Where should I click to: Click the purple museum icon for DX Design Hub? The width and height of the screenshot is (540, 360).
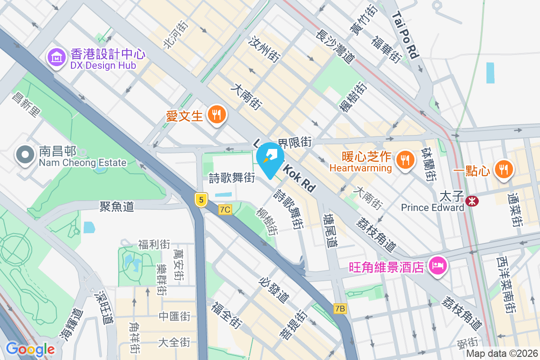(57, 58)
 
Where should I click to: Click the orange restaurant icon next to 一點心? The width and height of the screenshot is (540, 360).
(502, 169)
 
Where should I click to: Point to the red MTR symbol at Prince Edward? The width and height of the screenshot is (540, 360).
(472, 201)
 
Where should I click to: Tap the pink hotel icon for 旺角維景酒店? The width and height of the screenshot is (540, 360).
(438, 266)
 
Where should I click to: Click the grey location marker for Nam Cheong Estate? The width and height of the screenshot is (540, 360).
(25, 155)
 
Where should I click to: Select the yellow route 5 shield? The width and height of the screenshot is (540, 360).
(201, 199)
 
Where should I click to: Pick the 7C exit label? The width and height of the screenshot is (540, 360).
(225, 210)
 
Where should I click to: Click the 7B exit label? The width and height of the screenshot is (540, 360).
(341, 309)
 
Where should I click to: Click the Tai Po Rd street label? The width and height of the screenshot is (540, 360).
(405, 35)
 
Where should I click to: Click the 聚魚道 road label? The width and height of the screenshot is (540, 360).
(117, 207)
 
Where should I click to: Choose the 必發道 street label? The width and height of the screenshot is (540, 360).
(274, 290)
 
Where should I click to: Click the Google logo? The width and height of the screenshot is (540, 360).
(30, 349)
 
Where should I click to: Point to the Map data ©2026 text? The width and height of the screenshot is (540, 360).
(502, 354)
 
